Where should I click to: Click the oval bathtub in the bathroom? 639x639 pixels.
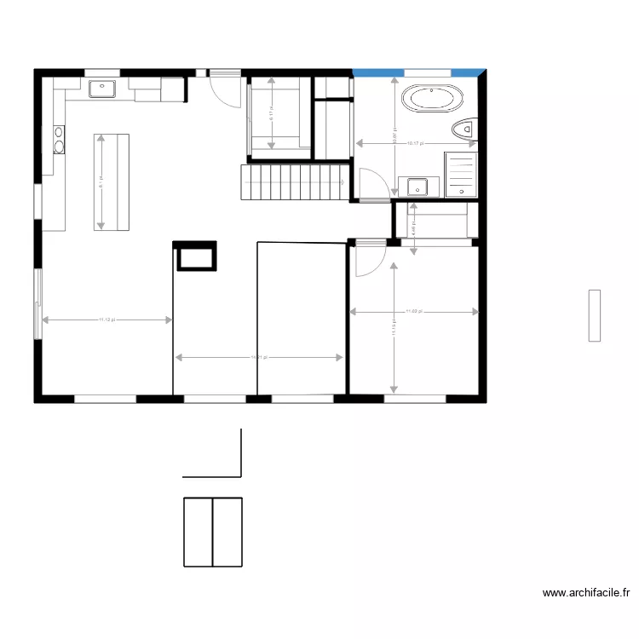[434, 99]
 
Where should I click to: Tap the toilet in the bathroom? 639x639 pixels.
[465, 130]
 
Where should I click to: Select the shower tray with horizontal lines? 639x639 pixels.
[461, 176]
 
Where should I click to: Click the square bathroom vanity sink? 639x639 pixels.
[417, 186]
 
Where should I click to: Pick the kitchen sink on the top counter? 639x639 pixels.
[102, 86]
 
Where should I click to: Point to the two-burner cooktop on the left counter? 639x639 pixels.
[58, 139]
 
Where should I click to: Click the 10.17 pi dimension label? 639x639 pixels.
[415, 144]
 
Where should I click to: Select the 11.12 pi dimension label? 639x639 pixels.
[106, 320]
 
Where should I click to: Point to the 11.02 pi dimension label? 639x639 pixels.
[415, 312]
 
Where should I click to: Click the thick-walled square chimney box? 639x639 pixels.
[196, 256]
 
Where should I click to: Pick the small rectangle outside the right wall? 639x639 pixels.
[594, 315]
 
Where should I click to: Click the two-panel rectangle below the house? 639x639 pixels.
[213, 532]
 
